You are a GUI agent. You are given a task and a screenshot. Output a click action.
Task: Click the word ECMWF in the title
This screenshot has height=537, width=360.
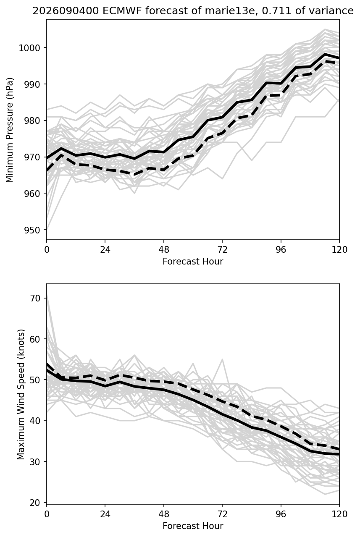(x=122, y=11)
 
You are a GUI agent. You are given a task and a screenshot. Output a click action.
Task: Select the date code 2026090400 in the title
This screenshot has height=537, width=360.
(x=66, y=11)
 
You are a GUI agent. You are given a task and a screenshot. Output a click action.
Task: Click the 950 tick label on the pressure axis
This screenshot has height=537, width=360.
(x=32, y=230)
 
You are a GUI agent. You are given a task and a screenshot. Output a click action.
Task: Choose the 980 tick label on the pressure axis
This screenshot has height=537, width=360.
(x=32, y=121)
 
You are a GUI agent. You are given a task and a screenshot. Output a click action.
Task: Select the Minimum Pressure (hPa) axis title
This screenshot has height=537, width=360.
(x=10, y=130)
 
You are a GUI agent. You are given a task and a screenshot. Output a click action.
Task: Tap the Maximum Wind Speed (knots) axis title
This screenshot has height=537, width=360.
(x=21, y=394)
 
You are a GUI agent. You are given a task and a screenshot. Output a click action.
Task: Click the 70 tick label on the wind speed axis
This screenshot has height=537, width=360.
(x=34, y=298)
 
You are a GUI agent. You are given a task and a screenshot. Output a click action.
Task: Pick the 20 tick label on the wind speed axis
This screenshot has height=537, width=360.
(x=34, y=503)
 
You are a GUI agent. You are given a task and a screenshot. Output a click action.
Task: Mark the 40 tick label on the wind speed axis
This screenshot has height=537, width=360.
(x=34, y=421)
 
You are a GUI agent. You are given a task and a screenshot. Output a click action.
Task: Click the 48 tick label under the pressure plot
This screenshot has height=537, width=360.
(x=164, y=250)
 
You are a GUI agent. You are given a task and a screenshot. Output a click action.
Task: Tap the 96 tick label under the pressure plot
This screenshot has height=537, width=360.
(x=281, y=250)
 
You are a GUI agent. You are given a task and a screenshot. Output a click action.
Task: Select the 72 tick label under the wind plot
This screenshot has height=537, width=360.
(x=222, y=514)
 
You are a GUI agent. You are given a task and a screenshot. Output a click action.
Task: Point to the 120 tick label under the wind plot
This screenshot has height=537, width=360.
(x=339, y=514)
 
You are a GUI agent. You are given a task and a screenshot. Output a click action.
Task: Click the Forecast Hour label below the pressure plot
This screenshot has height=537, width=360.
(x=193, y=261)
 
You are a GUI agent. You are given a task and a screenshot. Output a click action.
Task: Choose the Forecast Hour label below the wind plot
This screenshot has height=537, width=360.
(x=193, y=526)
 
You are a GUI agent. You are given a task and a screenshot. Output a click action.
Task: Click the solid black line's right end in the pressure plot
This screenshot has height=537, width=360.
(x=339, y=58)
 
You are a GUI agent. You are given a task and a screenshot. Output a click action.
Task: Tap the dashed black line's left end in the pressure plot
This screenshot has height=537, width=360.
(x=47, y=170)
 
